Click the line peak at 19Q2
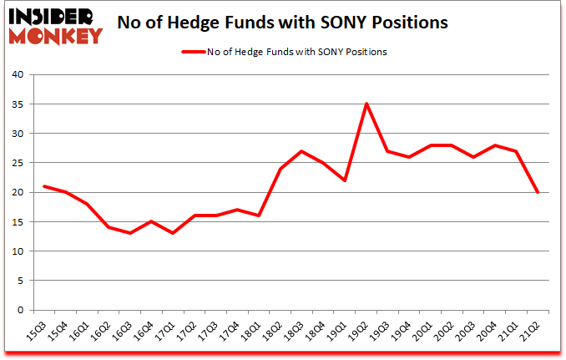click(x=366, y=104)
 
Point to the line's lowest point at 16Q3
click(x=130, y=233)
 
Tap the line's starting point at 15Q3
click(x=44, y=186)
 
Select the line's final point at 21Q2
click(x=538, y=192)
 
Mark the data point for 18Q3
click(x=301, y=151)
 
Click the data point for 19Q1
click(x=344, y=180)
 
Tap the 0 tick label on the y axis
click(x=23, y=310)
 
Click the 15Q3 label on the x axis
click(x=33, y=332)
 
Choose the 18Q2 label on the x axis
click(x=269, y=332)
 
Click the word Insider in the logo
click(x=52, y=16)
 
